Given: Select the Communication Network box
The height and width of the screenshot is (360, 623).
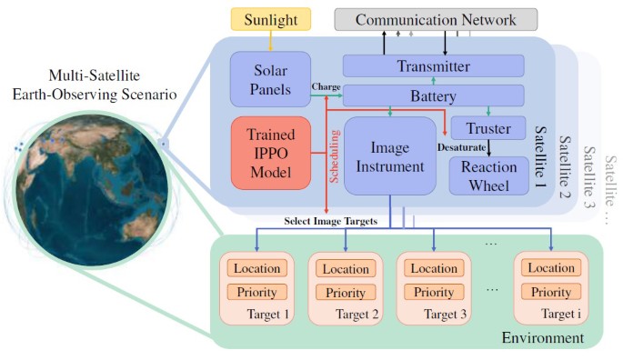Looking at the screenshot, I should tap(435, 19).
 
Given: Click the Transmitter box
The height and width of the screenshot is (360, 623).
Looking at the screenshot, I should tap(433, 65).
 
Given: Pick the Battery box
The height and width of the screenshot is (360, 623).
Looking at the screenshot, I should tap(433, 95).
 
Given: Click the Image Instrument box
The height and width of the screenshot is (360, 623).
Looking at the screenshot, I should tap(389, 155).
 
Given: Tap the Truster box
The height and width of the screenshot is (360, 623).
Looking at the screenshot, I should tap(488, 128).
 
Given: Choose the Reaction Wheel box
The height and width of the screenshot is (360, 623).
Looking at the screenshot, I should tap(487, 175).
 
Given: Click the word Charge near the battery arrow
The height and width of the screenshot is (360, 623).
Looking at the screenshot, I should tap(325, 87).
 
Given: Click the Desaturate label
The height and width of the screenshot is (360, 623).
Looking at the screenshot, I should tap(463, 145).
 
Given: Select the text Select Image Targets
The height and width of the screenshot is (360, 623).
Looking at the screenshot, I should tap(330, 221).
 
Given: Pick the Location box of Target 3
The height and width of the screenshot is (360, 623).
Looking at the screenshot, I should tap(434, 268).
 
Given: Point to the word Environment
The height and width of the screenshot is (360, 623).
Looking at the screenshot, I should tap(542, 338).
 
